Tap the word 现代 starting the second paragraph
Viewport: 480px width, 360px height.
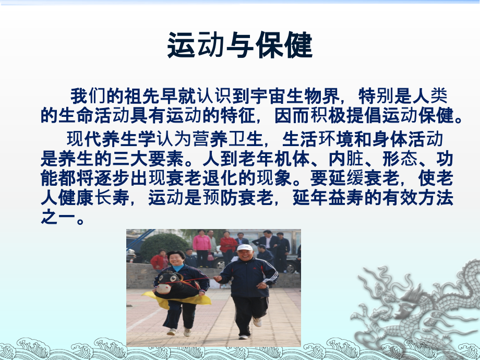80,139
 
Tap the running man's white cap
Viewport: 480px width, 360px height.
245,248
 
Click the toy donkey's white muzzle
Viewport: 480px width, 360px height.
160,286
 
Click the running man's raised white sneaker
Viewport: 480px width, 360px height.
257,321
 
